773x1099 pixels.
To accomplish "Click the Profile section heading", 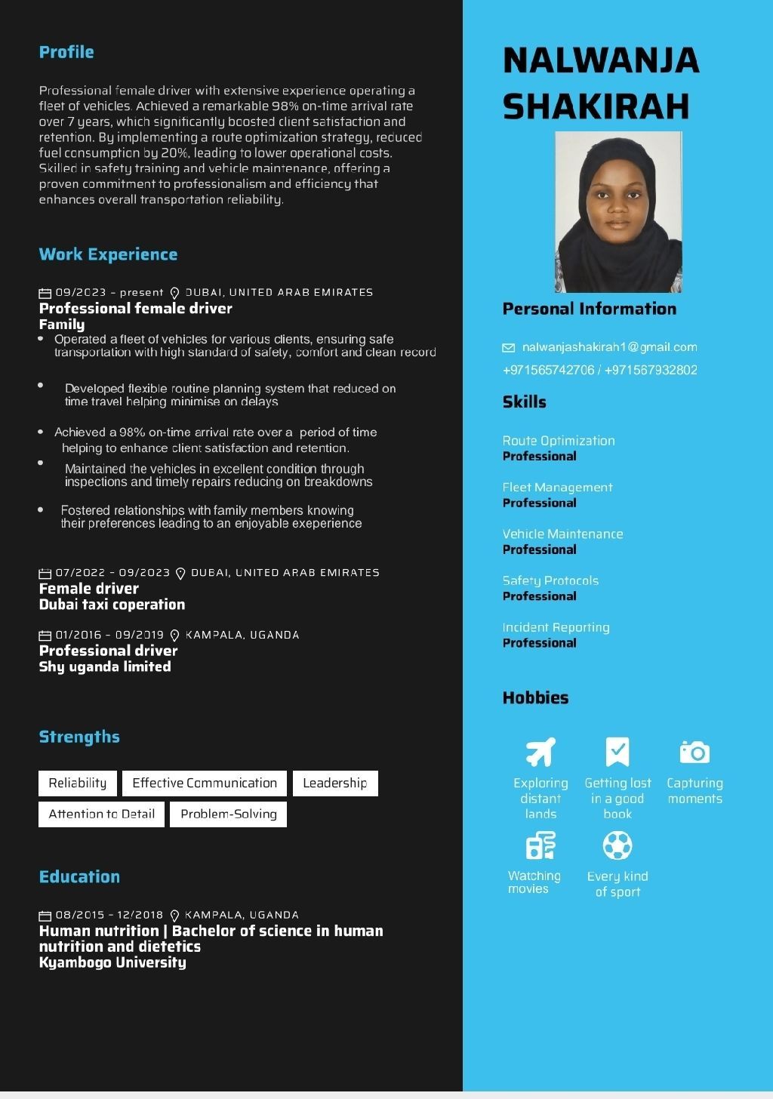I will [x=66, y=52].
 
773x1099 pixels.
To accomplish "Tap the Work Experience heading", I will [x=108, y=254].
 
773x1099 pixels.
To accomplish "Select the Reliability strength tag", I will [x=78, y=783].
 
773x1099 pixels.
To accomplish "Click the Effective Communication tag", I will [x=205, y=783].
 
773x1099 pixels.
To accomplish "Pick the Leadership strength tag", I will [x=334, y=783].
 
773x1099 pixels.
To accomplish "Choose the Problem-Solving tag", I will [x=228, y=814].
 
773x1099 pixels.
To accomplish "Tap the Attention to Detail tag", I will [x=101, y=814].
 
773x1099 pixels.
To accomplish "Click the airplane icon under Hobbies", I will [x=540, y=752].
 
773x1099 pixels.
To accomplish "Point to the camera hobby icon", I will [x=694, y=752].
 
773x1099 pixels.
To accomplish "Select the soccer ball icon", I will [x=617, y=845].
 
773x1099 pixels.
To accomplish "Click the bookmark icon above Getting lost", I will [x=617, y=752].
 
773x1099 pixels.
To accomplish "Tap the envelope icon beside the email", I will [x=509, y=348].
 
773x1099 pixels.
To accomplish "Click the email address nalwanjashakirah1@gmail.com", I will [x=609, y=347].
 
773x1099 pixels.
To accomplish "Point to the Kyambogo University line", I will [x=112, y=962].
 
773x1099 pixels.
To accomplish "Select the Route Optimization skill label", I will [x=559, y=441].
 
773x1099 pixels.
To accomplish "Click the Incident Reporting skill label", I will [x=556, y=627].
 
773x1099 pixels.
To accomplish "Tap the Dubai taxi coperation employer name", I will [x=112, y=605].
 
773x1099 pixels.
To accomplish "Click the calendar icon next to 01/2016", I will [x=45, y=636].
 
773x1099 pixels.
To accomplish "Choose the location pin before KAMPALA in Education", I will [x=175, y=916].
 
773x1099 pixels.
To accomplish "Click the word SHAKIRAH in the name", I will [x=596, y=106].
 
